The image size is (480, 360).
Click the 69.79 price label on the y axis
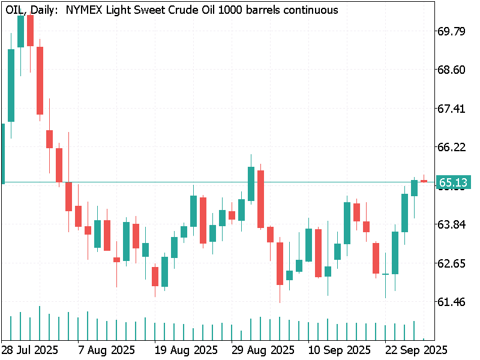pyautogui.click(x=452, y=31)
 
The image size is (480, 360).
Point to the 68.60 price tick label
pyautogui.click(x=452, y=70)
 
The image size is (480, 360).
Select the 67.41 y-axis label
pyautogui.click(x=452, y=109)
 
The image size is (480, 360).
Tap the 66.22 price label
pyautogui.click(x=452, y=147)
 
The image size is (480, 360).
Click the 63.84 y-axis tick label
pyautogui.click(x=452, y=224)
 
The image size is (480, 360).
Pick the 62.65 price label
pyautogui.click(x=452, y=263)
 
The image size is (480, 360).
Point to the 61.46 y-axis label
pyautogui.click(x=452, y=302)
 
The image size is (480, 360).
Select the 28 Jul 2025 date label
pyautogui.click(x=29, y=349)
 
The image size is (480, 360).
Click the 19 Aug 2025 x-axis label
pyautogui.click(x=185, y=349)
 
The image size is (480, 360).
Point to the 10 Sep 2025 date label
pyautogui.click(x=339, y=349)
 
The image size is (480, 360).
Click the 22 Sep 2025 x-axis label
pyautogui.click(x=416, y=349)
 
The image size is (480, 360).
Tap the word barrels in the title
pyautogui.click(x=262, y=10)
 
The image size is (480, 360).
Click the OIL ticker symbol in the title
pyautogui.click(x=16, y=10)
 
